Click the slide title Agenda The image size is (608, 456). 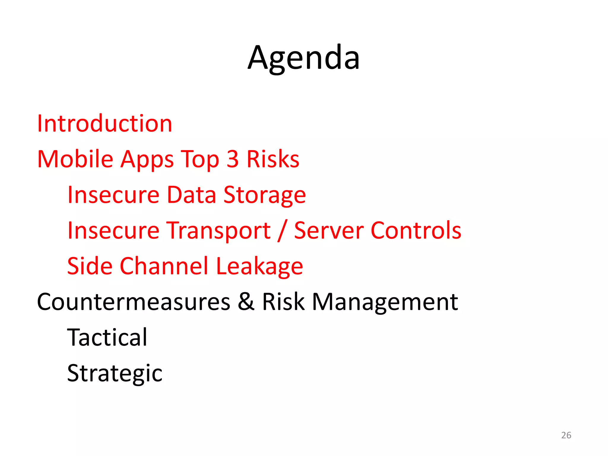point(304,58)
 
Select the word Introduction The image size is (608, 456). point(104,123)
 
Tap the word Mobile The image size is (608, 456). point(75,159)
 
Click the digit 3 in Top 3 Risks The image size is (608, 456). point(233,159)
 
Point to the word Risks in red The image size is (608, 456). point(273,159)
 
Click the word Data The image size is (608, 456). point(191,195)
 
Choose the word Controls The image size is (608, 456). point(416,230)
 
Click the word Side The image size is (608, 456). point(90,266)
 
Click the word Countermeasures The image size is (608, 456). point(134,302)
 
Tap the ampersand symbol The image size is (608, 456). point(246,302)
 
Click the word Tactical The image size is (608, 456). point(107,338)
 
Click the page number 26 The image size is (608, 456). point(566,435)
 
